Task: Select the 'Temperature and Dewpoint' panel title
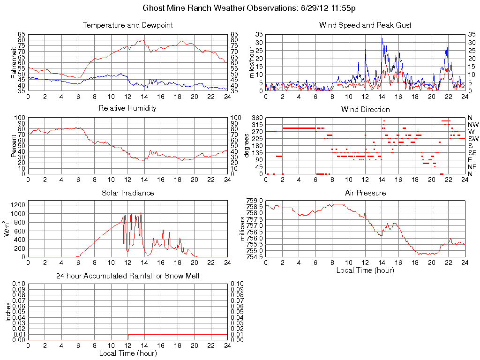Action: click(127, 25)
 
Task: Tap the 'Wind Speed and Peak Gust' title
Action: click(365, 25)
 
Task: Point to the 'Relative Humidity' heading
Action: click(127, 108)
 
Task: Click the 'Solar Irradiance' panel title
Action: click(127, 193)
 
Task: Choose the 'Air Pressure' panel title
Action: click(365, 193)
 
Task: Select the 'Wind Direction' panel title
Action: click(365, 109)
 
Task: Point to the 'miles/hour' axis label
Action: click(252, 63)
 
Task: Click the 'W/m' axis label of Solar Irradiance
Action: click(8, 228)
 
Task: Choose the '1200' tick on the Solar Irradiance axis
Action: click(18, 205)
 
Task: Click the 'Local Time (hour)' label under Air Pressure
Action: click(365, 270)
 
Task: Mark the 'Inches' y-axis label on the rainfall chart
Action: click(8, 312)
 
